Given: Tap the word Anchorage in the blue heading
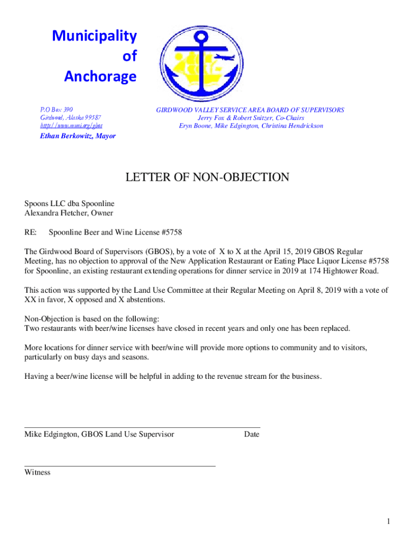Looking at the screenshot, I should coord(100,77).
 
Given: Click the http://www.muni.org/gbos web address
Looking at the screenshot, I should coord(72,126).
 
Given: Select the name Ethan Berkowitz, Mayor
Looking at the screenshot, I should coord(78,136).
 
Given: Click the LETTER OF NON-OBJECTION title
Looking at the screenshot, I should coord(207,178).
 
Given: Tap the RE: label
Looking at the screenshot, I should coord(30,232).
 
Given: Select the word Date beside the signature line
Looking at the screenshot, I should coord(251,434).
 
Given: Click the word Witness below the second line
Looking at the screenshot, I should coord(37,472).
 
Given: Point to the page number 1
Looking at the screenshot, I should coord(388,521).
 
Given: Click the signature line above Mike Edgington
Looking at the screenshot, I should coord(142,427).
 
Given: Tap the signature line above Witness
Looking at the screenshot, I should coord(120,465).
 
